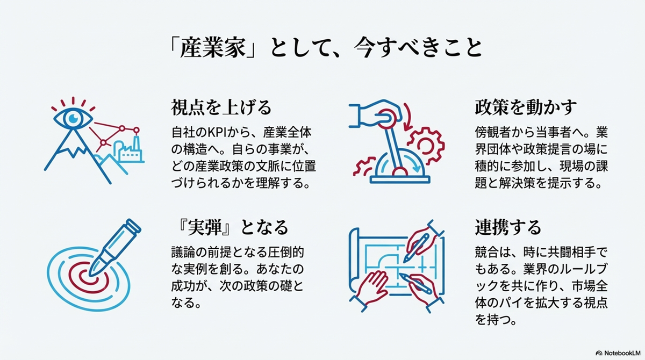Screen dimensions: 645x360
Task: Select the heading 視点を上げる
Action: [x=220, y=107]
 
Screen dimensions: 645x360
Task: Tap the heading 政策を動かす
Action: [x=526, y=107]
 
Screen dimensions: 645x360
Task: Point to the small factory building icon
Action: [x=130, y=152]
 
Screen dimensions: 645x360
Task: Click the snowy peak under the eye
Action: [x=70, y=142]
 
